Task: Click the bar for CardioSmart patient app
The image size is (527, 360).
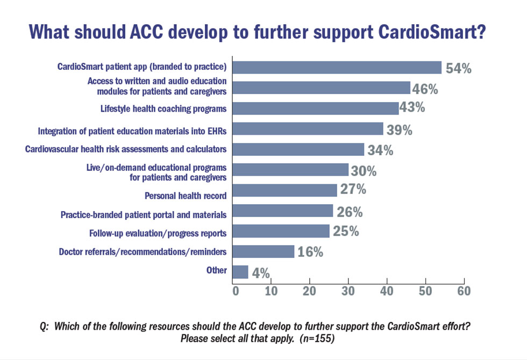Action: (x=337, y=67)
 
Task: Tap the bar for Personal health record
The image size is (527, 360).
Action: (x=284, y=190)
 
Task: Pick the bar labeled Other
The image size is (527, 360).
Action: (x=240, y=272)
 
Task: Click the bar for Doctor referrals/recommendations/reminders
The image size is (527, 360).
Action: (x=263, y=251)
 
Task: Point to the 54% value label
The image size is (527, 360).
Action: (x=458, y=68)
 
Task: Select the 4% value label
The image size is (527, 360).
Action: (x=261, y=272)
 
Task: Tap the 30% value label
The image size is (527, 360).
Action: (x=363, y=171)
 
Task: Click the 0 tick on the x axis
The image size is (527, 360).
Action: (x=235, y=291)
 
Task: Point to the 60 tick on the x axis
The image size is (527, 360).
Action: (x=464, y=291)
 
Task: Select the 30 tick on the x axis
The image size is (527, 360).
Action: (x=349, y=291)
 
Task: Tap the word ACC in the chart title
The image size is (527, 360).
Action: (x=148, y=32)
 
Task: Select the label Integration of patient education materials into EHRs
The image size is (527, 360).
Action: (x=132, y=131)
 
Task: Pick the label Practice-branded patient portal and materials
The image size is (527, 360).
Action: (x=144, y=215)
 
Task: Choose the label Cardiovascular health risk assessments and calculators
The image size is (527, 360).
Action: (x=126, y=149)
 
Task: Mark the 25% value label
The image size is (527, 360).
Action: (x=345, y=232)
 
